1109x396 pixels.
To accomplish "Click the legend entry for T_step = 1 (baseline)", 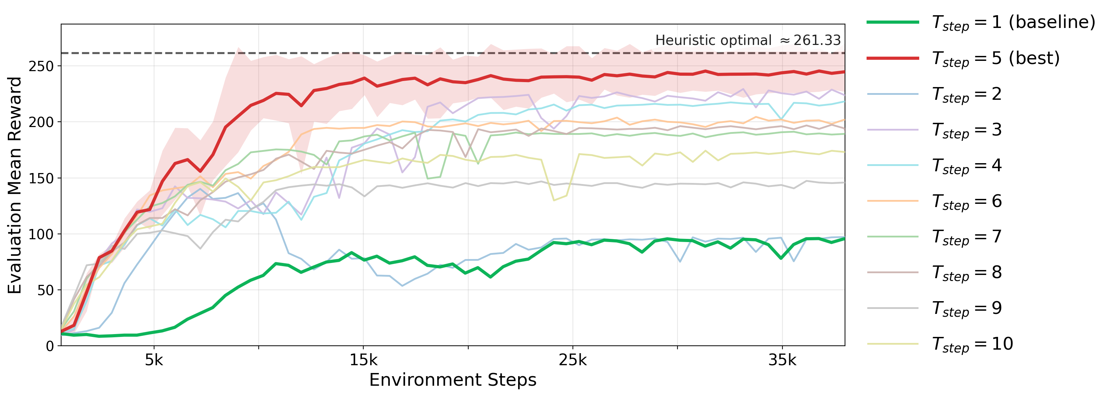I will [1013, 22].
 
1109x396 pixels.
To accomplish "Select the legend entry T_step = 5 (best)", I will [995, 58].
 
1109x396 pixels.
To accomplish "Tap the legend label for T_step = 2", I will [967, 94].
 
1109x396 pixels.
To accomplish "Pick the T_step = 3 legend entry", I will [967, 130].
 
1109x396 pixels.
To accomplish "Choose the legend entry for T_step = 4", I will [967, 166].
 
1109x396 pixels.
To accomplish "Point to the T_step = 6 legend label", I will [967, 201].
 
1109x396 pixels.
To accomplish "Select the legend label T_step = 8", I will [967, 273].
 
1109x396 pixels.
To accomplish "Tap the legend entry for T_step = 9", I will [967, 309].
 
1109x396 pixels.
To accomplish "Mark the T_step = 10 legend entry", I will [972, 344].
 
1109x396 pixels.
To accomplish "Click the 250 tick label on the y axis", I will [41, 67].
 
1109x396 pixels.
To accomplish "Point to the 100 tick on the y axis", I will [41, 234].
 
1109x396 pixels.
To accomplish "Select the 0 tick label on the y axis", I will [49, 346].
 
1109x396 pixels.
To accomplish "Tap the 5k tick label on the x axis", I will [154, 360].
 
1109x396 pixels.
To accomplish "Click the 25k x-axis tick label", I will [573, 360].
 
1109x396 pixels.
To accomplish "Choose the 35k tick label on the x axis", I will [782, 360].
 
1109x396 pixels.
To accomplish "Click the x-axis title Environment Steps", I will [453, 380].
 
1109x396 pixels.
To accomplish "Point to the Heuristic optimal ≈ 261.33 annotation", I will [748, 40].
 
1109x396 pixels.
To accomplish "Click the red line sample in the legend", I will [893, 58].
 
